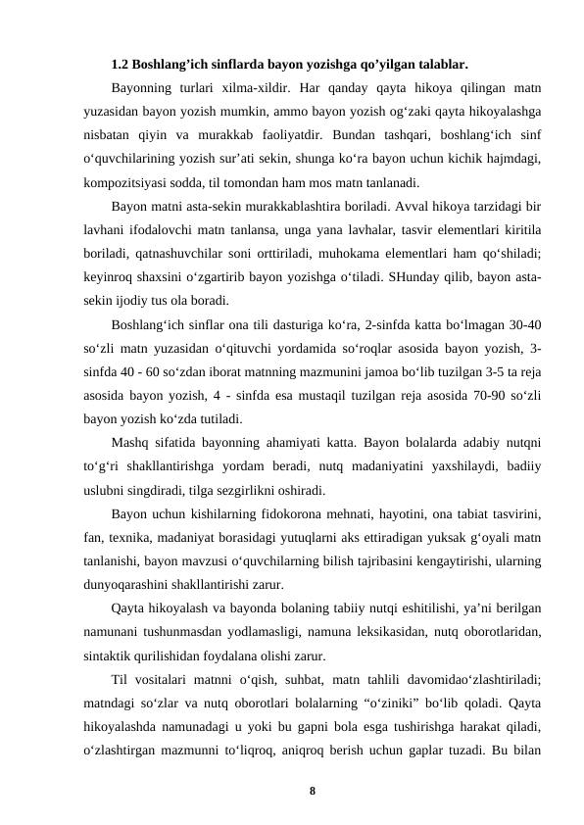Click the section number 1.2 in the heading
click(122, 67)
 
